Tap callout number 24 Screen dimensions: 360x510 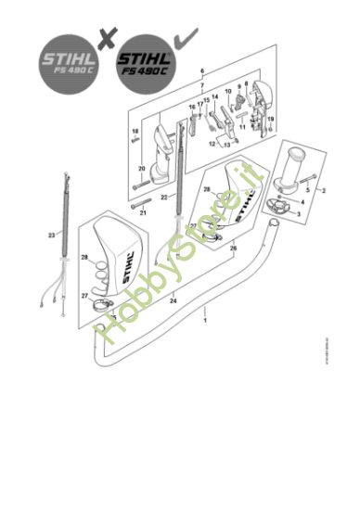point(174,300)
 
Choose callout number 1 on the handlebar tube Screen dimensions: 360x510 point(204,319)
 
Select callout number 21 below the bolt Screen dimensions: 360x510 point(144,212)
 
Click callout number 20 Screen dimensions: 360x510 point(142,169)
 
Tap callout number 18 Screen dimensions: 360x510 point(135,133)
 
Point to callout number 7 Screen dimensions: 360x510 point(201,84)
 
